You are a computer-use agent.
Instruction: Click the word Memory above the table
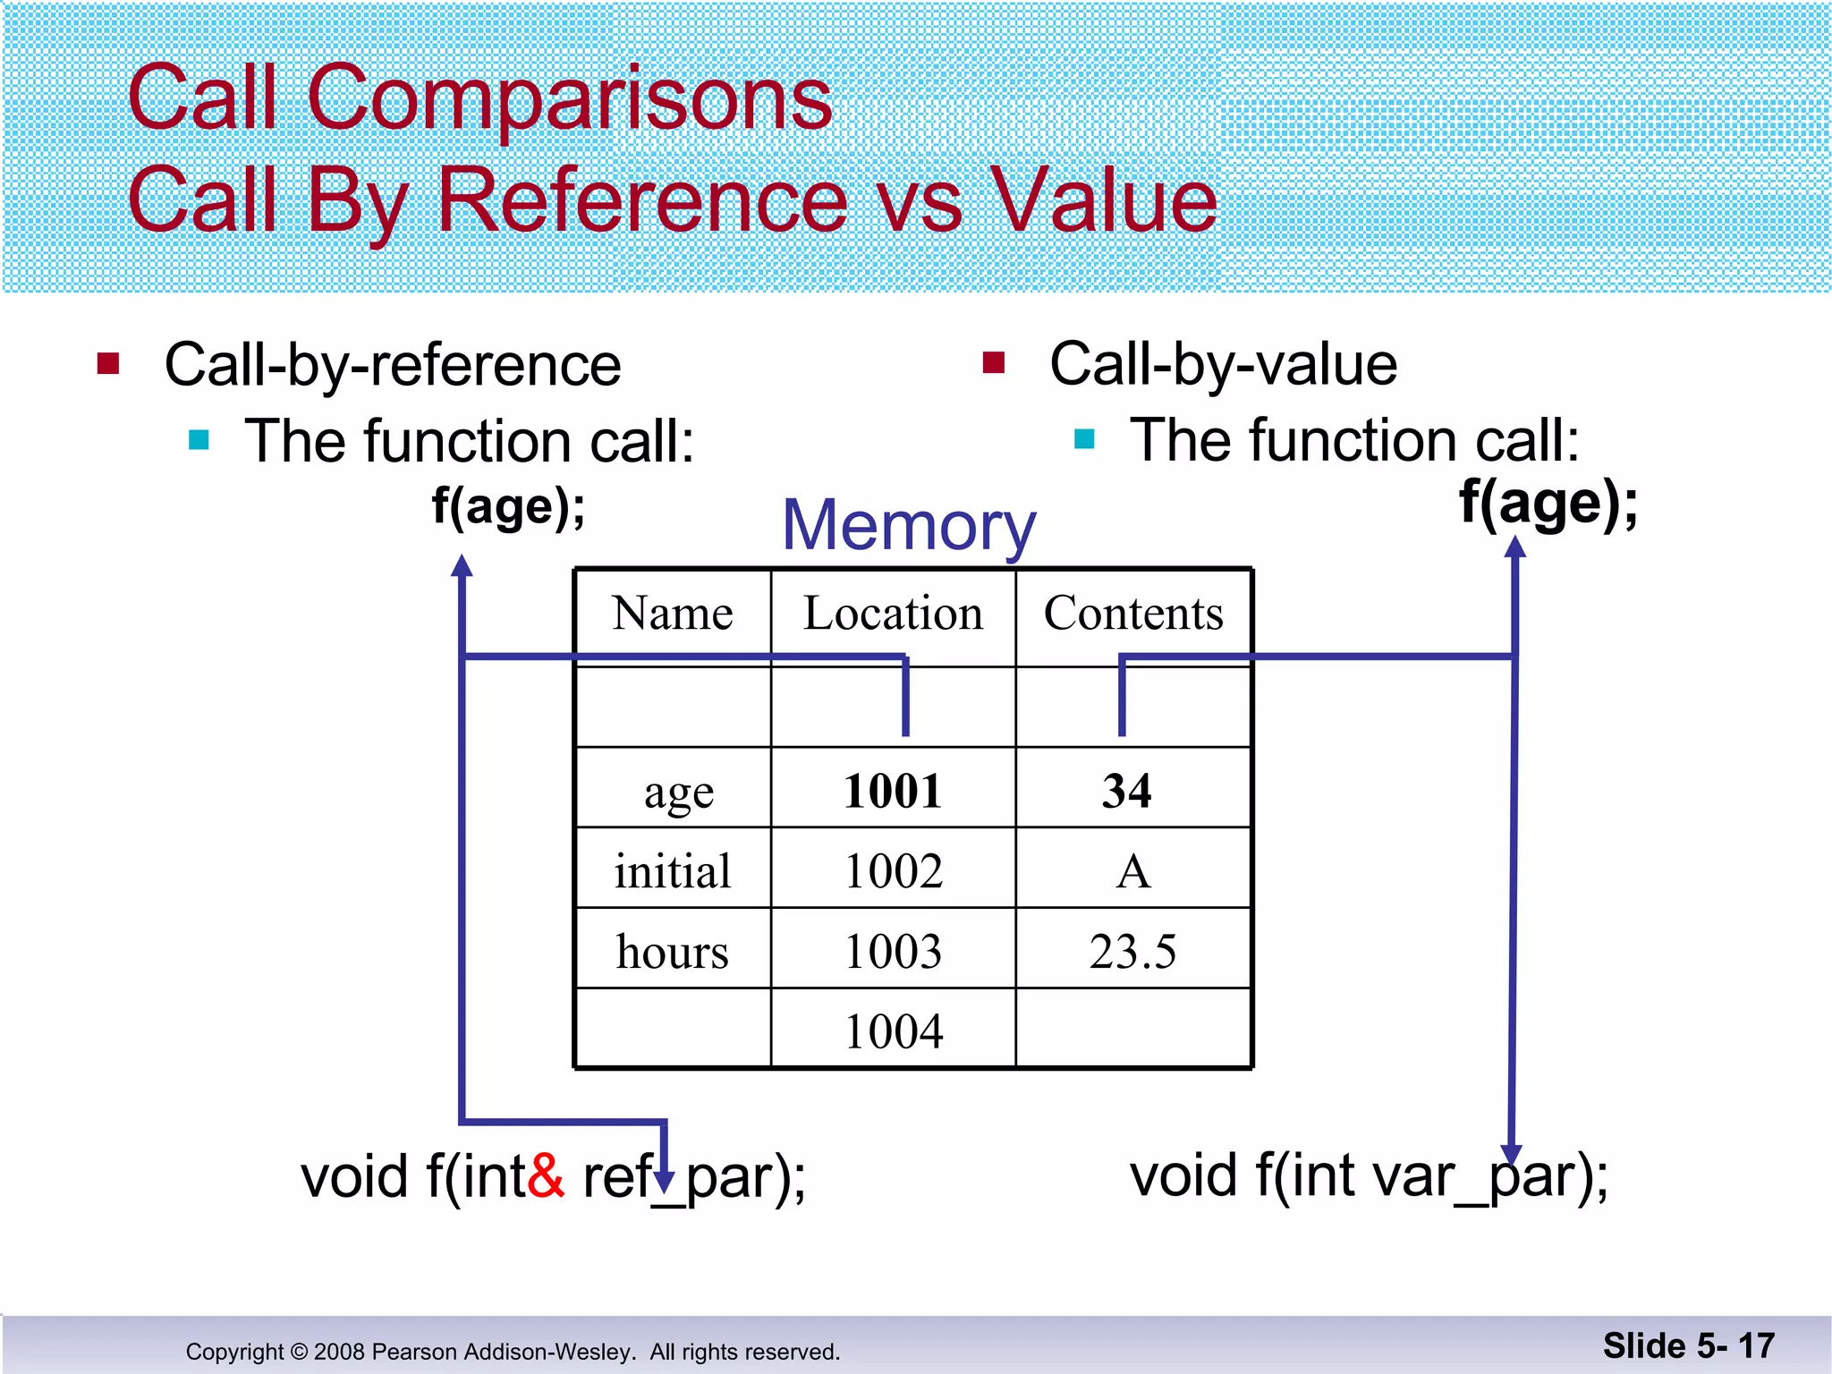pos(908,526)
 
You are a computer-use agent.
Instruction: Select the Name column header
pos(672,614)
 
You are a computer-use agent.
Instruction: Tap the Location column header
pos(893,614)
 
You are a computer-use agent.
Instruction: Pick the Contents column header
pos(1133,614)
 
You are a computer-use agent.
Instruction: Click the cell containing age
pos(678,792)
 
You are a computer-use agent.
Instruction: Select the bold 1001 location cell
pos(893,791)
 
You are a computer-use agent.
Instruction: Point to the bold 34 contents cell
pos(1126,791)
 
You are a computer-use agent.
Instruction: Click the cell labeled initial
pos(672,871)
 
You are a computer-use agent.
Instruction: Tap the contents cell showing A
pos(1132,871)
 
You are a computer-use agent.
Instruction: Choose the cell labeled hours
pos(672,951)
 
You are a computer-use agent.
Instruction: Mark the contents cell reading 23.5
pos(1132,951)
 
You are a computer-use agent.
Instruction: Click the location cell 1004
pos(893,1030)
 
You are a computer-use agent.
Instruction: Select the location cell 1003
pos(893,951)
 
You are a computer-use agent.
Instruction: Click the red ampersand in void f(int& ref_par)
pos(546,1176)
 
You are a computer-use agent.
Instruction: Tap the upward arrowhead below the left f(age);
pos(462,565)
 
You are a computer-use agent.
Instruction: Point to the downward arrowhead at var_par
pos(1511,1154)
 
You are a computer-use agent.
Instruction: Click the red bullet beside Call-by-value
pos(994,363)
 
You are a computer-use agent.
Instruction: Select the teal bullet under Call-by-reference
pos(199,440)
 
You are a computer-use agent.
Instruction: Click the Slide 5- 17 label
pos(1688,1345)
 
